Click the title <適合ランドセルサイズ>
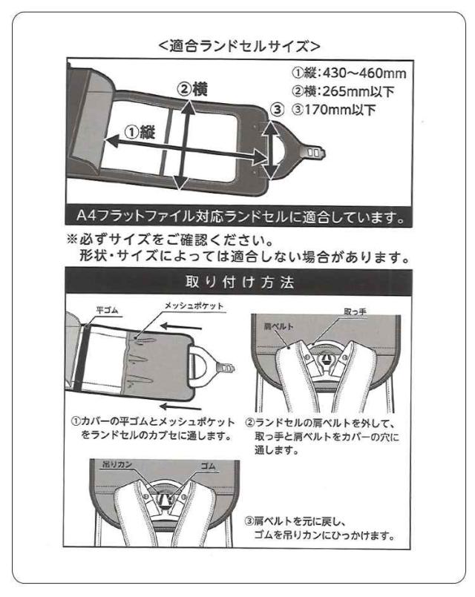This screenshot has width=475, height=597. tap(239, 46)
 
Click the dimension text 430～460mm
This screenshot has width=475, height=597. tap(364, 73)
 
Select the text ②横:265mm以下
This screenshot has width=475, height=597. tap(343, 91)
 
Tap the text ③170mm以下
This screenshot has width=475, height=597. tap(334, 110)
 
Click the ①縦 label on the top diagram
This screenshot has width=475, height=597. tap(140, 133)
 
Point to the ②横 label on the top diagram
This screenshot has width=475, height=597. tap(192, 90)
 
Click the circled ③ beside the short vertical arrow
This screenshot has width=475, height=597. tap(278, 109)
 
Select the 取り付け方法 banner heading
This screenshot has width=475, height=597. tap(240, 283)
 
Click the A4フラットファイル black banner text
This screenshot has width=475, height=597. tap(240, 217)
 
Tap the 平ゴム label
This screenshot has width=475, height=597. tap(107, 310)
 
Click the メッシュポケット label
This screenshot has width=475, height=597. tap(194, 306)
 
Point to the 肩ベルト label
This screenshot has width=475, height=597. tap(279, 326)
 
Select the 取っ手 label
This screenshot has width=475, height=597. tap(355, 311)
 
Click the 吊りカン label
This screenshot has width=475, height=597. tap(117, 464)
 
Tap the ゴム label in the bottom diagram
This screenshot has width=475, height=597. tap(208, 466)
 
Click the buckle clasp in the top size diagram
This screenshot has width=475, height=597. tap(314, 152)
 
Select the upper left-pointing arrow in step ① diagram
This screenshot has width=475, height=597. tap(181, 326)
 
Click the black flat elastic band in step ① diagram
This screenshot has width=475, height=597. tap(80, 358)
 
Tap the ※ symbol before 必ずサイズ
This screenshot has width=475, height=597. tap(72, 240)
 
